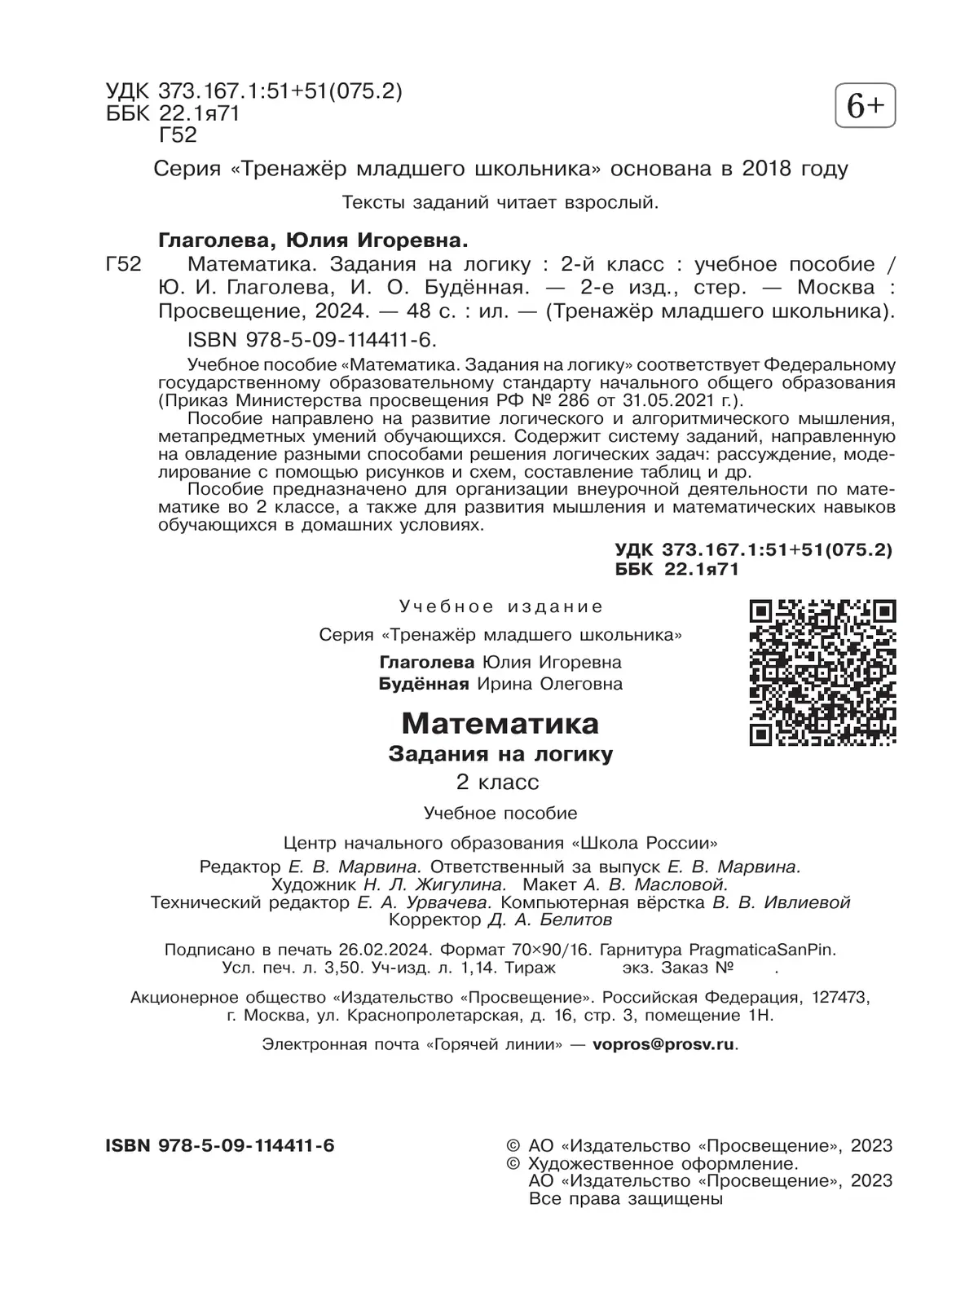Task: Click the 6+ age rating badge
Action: [865, 106]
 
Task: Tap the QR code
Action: [822, 673]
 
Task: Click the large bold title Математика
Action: [500, 723]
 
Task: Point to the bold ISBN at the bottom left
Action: [220, 1145]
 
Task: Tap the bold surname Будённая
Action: [424, 684]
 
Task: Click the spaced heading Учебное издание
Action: [501, 606]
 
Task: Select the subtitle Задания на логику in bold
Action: [500, 754]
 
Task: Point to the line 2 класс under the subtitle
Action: [497, 783]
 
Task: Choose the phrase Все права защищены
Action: [626, 1198]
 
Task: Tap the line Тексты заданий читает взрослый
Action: [500, 201]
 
